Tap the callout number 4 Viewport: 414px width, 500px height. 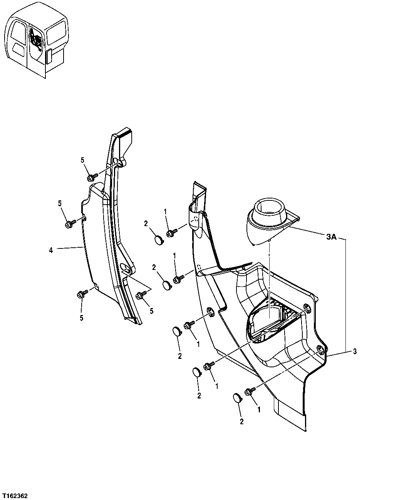51,250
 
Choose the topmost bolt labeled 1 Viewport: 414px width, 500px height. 171,233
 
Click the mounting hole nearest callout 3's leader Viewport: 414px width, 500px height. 320,348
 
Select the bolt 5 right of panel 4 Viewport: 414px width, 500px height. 140,295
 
